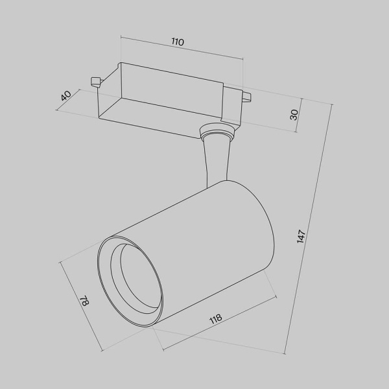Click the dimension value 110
click(178, 42)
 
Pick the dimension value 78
click(84, 301)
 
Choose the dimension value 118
click(216, 319)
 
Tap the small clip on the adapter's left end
click(95, 81)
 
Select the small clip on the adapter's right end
click(246, 98)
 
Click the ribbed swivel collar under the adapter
click(217, 134)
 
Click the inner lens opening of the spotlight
click(136, 276)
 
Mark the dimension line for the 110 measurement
click(182, 51)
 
